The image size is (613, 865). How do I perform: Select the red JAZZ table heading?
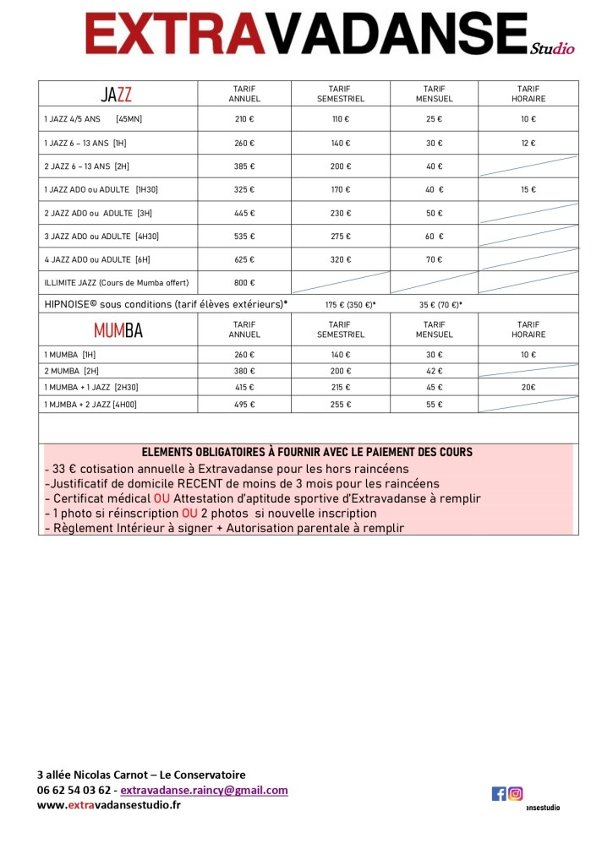[117, 94]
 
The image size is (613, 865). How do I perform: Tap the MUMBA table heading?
[118, 330]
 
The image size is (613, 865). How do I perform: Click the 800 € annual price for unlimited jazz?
[244, 282]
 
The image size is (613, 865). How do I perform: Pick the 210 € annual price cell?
[244, 120]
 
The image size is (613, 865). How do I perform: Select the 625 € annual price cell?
[244, 259]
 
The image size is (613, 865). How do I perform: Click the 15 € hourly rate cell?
[528, 190]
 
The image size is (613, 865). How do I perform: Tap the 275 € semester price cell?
[340, 237]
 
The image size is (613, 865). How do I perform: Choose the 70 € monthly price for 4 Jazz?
[434, 259]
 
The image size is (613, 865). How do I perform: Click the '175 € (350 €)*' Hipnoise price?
[350, 305]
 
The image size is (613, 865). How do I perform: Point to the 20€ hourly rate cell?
[528, 388]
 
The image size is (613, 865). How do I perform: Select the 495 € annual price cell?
[244, 405]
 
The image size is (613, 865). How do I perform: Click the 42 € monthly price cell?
[434, 371]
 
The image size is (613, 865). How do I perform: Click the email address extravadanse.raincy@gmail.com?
[204, 791]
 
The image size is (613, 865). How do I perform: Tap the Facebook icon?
[499, 793]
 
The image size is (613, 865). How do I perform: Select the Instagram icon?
[515, 793]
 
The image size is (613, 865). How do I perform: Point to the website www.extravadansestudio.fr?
[108, 805]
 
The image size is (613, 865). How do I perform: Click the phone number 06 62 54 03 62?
[74, 791]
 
